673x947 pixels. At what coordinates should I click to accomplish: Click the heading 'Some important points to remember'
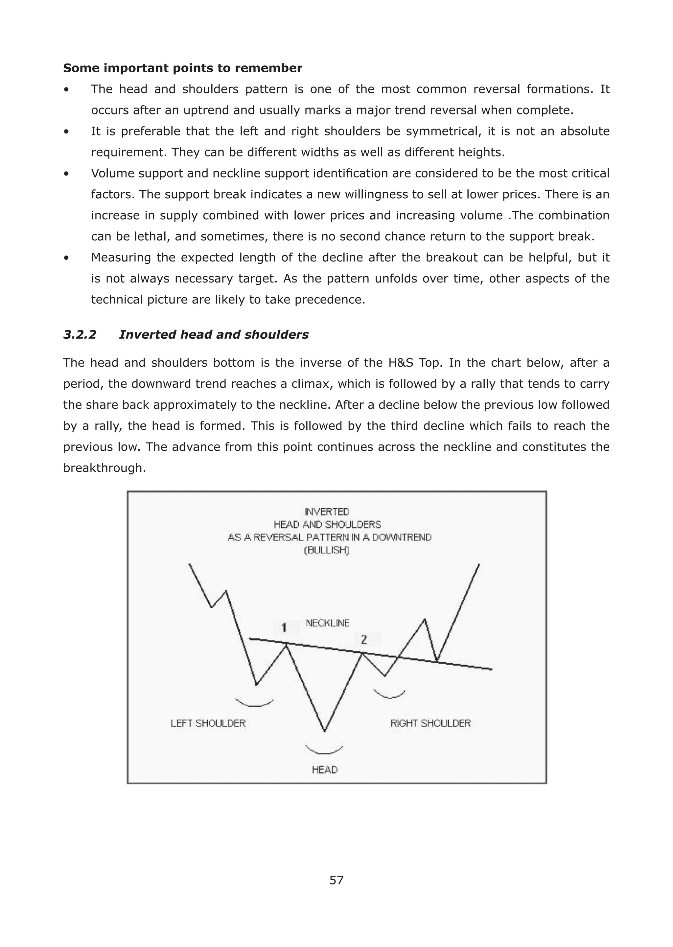pos(182,68)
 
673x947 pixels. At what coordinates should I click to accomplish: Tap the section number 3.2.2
pos(80,335)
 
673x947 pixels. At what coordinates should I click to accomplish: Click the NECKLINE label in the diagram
pos(327,623)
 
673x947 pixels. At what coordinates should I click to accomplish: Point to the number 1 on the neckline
pos(284,628)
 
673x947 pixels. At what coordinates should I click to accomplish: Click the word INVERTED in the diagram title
pos(327,512)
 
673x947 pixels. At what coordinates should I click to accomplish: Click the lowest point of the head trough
pos(324,731)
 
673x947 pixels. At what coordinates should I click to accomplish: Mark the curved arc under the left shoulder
pos(254,704)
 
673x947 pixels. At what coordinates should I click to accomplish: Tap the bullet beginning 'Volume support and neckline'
pos(66,174)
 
